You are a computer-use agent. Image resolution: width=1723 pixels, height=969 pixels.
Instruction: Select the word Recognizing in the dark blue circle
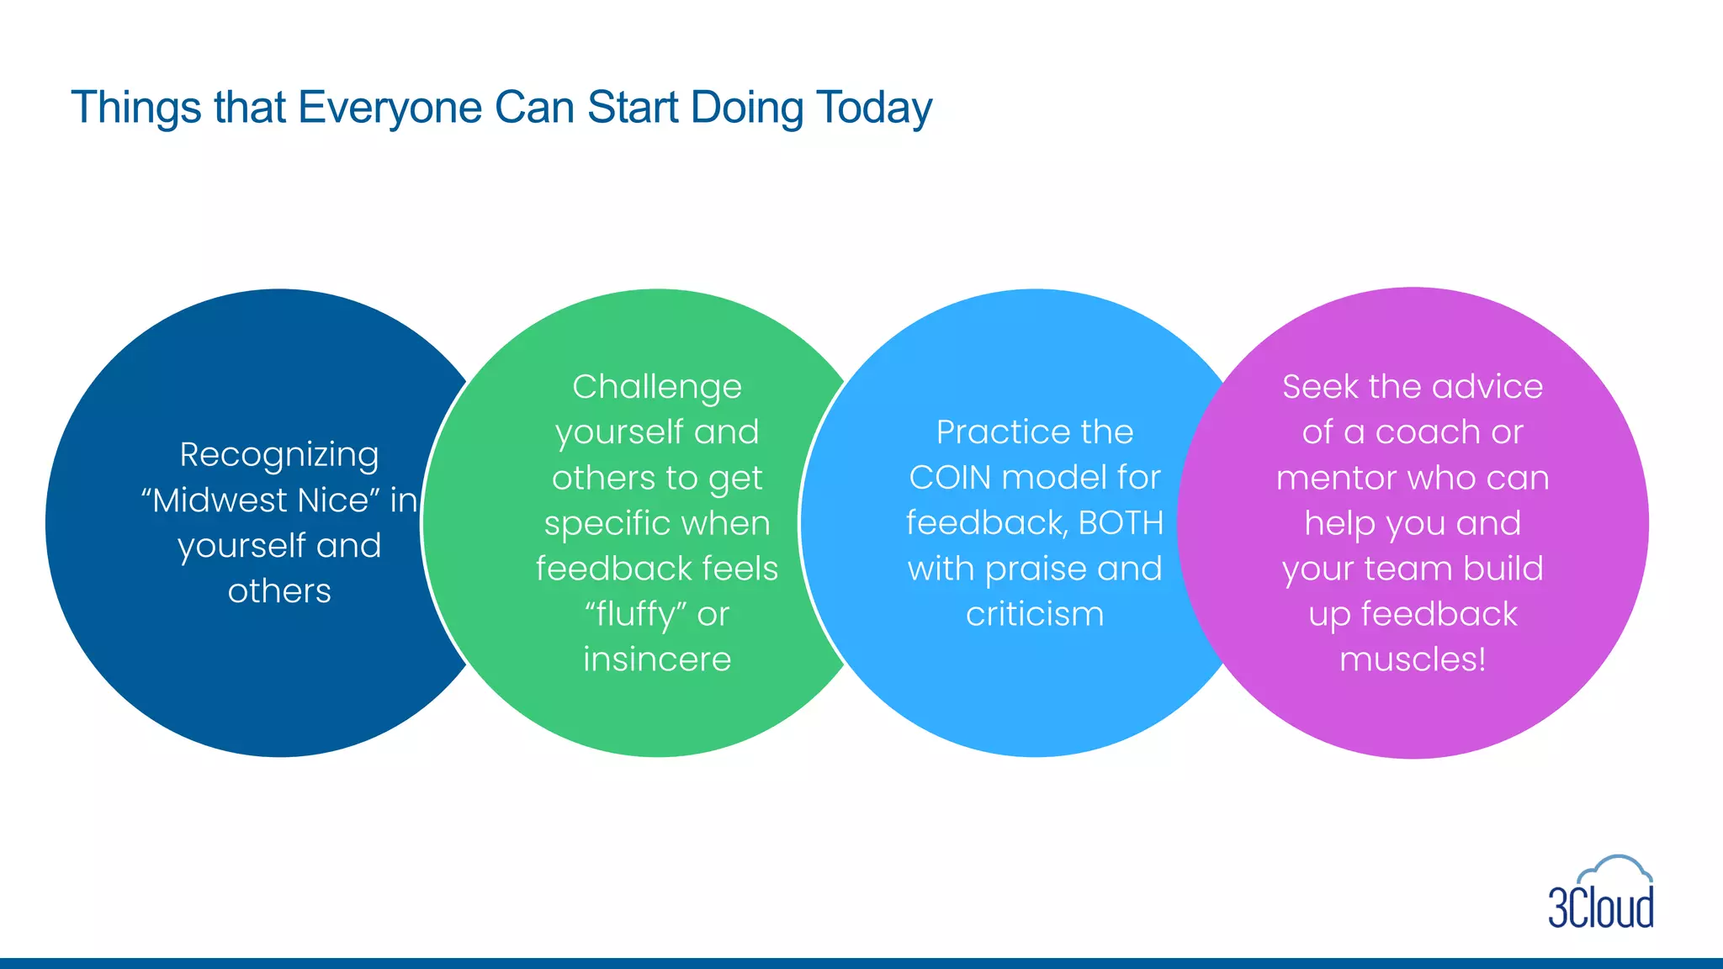(279, 455)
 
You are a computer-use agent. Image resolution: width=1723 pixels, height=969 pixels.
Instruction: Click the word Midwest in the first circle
(219, 500)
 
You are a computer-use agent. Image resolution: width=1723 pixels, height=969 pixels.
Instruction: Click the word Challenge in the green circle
(657, 387)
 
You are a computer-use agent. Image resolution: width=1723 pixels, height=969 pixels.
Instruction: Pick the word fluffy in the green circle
(636, 615)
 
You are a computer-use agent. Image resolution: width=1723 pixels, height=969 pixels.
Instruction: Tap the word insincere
(657, 659)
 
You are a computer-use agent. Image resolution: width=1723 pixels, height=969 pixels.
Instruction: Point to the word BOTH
(1121, 523)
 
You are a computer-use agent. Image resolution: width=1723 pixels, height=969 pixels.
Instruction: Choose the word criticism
(1035, 614)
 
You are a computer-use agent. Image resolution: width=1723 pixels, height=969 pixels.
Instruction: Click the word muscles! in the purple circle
(1413, 659)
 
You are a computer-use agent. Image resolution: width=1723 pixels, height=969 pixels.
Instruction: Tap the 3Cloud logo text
(1601, 908)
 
